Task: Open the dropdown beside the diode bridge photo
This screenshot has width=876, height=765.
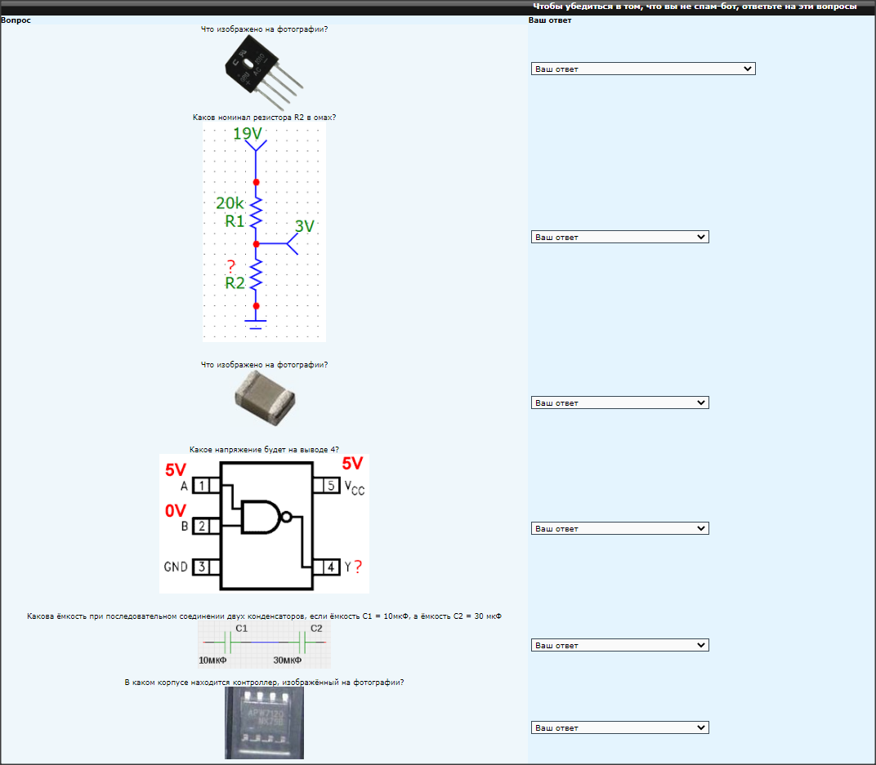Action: (642, 69)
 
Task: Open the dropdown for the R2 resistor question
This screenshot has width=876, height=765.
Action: (619, 238)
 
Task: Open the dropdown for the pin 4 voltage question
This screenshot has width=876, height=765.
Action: (619, 529)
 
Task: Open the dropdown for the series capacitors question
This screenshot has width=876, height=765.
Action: (619, 646)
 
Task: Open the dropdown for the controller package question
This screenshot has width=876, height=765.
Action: (619, 728)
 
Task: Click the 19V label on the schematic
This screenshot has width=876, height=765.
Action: (248, 134)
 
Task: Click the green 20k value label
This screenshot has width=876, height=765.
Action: (230, 203)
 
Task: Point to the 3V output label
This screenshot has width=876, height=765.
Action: (305, 227)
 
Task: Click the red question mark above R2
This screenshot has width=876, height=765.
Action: (231, 267)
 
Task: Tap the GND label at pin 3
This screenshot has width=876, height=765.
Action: (176, 567)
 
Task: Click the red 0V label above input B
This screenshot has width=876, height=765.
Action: (176, 511)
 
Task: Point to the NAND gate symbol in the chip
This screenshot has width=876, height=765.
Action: (263, 516)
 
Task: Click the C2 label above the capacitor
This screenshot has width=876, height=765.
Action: (316, 629)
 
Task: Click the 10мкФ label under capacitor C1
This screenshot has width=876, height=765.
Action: (212, 660)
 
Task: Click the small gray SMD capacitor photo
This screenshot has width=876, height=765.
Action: (265, 398)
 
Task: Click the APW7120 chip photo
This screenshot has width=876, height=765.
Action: (264, 723)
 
